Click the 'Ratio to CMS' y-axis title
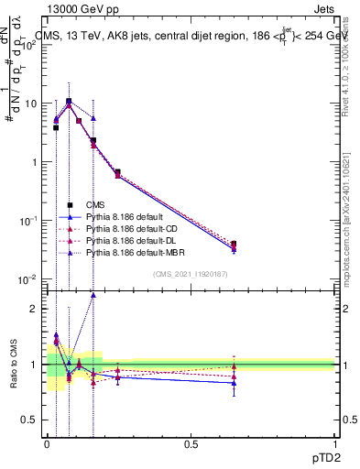[13, 365]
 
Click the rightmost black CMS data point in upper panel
[234, 245]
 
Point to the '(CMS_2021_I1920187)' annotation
[189, 273]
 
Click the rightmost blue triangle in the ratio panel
[234, 383]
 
